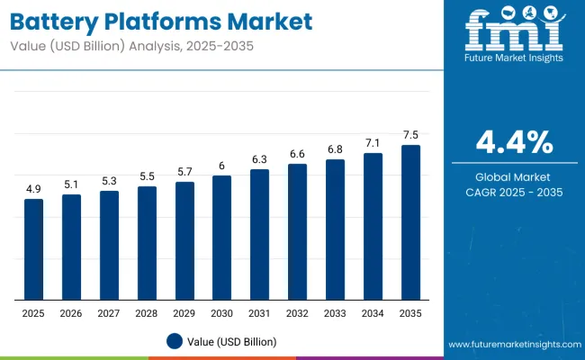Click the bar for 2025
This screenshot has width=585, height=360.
pos(33,249)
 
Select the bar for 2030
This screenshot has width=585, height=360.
pos(221,238)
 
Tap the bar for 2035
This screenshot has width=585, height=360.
pos(410,222)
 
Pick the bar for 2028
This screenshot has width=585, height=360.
pos(147,243)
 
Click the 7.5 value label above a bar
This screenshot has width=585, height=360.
pos(410,135)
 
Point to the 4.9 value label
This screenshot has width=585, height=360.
pos(33,189)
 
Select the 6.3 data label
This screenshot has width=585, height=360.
pos(259,159)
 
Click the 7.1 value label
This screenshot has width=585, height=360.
pos(373,143)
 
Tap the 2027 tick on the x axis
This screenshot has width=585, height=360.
pos(109,313)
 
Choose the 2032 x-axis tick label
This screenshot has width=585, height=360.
pos(297,313)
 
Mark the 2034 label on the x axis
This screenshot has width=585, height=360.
pos(373,313)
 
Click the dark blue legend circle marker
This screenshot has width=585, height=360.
pos(175,341)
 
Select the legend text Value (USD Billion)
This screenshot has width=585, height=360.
pos(233,341)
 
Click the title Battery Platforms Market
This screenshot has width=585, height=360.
pos(161,20)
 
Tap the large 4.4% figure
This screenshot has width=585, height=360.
pos(514,142)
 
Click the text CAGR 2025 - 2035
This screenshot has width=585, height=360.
pos(514,193)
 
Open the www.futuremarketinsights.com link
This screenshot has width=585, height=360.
pos(510,345)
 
